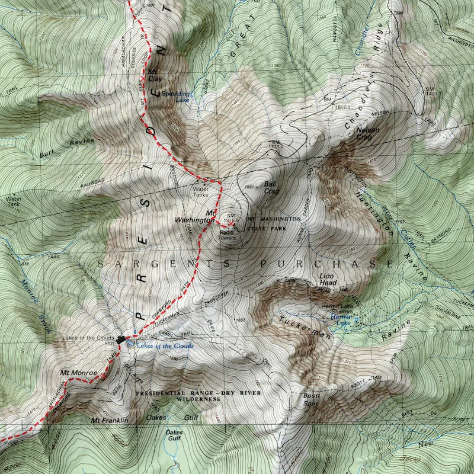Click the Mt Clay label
155,75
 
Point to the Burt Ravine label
67,148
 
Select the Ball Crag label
271,188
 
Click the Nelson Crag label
367,133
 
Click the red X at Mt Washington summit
223,225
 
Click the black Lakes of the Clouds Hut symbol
121,340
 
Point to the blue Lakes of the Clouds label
165,346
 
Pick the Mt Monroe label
74,373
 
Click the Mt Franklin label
110,421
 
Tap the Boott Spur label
312,399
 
